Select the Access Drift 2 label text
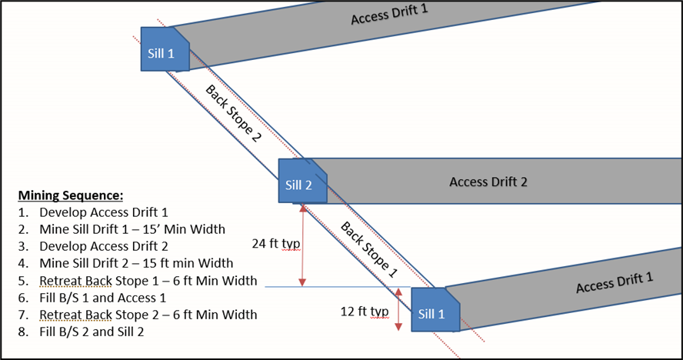pyautogui.click(x=488, y=182)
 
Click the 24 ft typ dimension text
pyautogui.click(x=275, y=244)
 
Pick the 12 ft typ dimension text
pyautogui.click(x=364, y=312)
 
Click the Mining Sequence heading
pyautogui.click(x=70, y=195)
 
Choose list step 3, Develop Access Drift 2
pyautogui.click(x=102, y=246)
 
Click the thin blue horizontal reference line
pyautogui.click(x=331, y=287)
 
